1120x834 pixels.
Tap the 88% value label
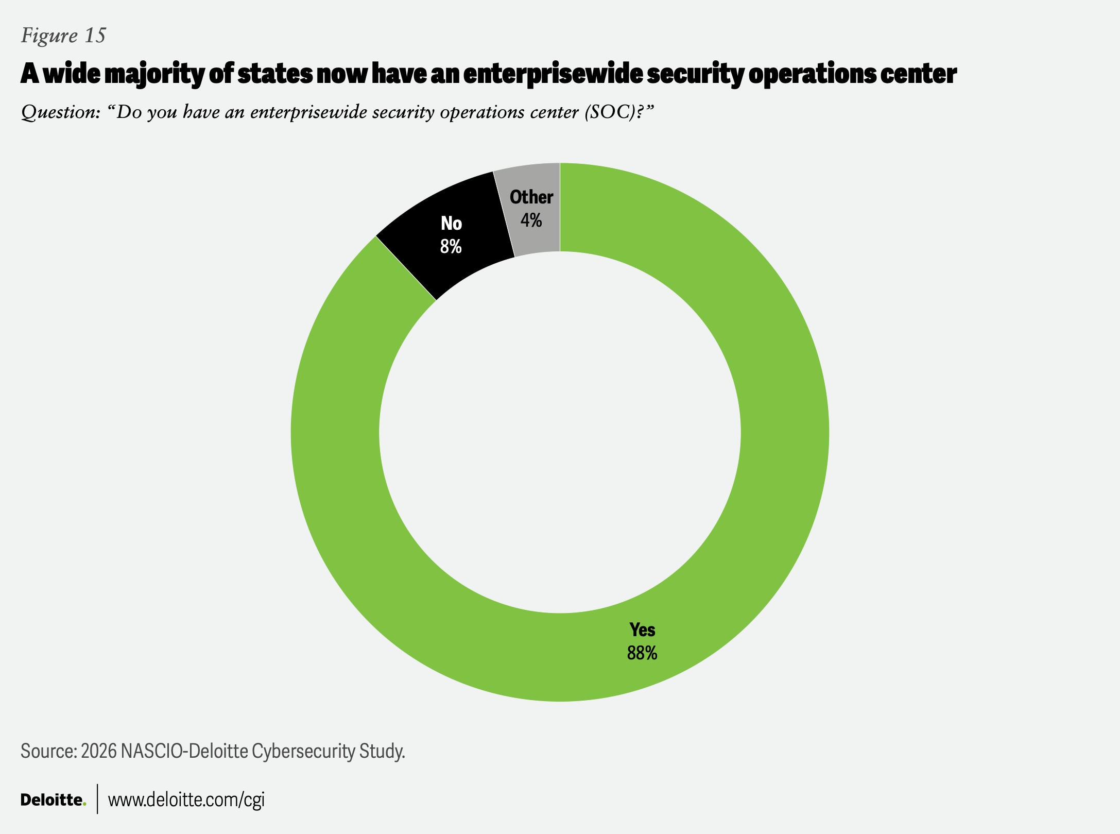click(642, 653)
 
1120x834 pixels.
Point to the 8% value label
click(451, 247)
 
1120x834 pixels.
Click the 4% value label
click(531, 220)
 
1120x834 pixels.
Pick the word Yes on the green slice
click(642, 629)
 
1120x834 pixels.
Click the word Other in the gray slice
click(531, 197)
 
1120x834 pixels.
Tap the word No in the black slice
click(451, 224)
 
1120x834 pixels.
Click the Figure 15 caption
click(63, 36)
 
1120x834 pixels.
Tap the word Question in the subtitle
click(60, 112)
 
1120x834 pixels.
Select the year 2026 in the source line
click(98, 752)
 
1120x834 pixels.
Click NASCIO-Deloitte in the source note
click(184, 752)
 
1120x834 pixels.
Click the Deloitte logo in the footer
click(53, 800)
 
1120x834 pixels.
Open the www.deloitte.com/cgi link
click(186, 800)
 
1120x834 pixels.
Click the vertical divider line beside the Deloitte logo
click(97, 799)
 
